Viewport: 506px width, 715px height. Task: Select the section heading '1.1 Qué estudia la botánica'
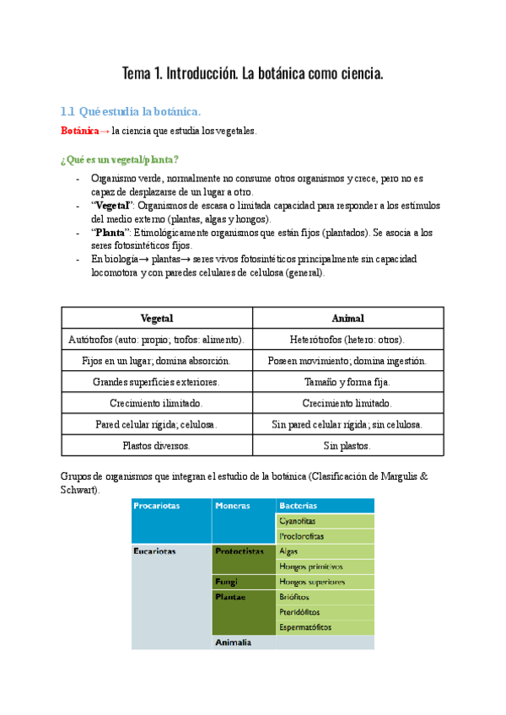tap(131, 111)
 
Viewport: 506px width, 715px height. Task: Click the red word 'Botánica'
tap(80, 131)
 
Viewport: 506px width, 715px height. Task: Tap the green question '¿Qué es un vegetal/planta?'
tap(119, 159)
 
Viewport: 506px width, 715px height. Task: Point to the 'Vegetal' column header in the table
tap(157, 318)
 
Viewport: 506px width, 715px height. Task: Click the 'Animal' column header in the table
tap(348, 318)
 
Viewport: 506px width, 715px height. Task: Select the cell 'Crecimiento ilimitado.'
tap(157, 404)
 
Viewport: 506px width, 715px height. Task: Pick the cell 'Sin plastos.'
tap(347, 446)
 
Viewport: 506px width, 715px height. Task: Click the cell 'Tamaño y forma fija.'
tap(347, 382)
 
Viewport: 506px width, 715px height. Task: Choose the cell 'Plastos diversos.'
tap(157, 446)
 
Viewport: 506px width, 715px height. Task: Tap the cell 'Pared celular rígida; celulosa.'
tap(157, 425)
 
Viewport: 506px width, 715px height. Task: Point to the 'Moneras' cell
tap(233, 505)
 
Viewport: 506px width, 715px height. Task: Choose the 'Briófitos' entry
tap(296, 596)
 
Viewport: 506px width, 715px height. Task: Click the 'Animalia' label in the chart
tap(234, 642)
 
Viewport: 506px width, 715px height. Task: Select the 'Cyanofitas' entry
tap(299, 520)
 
